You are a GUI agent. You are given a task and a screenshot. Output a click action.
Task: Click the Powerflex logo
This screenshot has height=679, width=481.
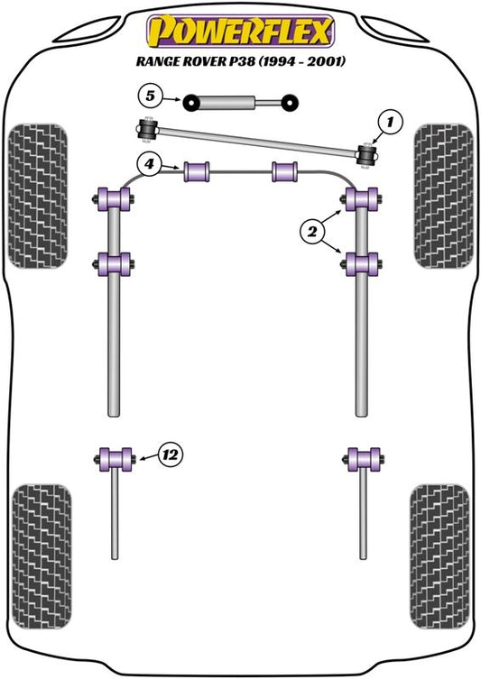point(240,32)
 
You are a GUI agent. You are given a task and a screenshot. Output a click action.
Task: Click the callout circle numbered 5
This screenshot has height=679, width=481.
point(150,96)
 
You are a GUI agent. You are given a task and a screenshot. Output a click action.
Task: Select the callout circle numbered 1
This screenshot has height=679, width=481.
point(390,122)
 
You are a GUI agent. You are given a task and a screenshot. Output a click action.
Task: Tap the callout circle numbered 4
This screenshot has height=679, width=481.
point(149,164)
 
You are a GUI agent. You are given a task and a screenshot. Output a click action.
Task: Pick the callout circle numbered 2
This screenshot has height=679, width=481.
point(312,232)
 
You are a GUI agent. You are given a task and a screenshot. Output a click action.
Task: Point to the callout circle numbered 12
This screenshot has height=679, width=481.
point(171,454)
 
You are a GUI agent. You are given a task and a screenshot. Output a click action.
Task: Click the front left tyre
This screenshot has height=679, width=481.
point(38,196)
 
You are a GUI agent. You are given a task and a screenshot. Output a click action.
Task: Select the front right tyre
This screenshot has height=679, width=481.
point(443,196)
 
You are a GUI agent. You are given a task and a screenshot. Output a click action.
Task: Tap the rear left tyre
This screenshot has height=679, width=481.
point(42,557)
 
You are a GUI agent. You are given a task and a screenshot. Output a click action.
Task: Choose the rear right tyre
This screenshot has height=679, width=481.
point(439,557)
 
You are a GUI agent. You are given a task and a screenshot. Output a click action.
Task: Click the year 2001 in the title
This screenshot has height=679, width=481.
point(327,61)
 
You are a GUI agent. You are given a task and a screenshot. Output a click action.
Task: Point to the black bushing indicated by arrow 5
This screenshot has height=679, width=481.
point(190,103)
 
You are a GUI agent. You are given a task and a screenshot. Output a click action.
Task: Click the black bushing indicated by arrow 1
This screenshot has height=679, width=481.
point(366,155)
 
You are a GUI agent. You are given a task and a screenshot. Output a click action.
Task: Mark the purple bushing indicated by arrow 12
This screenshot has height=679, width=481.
point(116,460)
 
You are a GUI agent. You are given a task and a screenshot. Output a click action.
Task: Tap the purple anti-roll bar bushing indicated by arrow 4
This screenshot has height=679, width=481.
point(197,171)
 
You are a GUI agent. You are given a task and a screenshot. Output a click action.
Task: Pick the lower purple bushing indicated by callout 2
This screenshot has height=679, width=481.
point(361,264)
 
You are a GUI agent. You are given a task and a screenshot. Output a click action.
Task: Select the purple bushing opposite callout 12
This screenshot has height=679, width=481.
point(364,460)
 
